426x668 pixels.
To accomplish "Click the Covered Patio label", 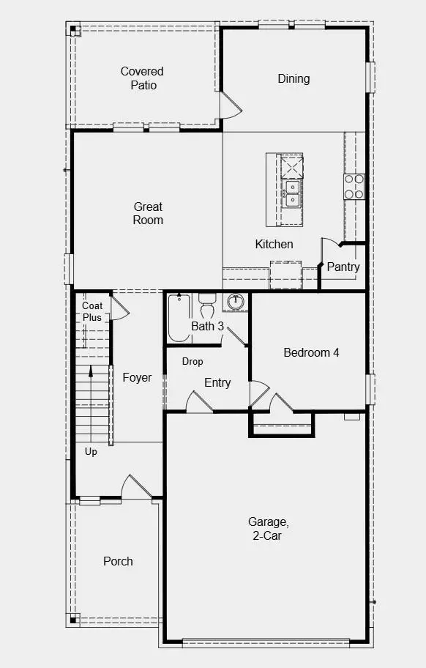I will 142,78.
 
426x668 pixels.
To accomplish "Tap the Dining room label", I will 294,78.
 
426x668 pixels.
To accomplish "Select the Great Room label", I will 148,213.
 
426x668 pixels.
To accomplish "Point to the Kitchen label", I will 274,244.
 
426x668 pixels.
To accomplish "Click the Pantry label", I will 343,267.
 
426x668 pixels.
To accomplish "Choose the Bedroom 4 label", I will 311,352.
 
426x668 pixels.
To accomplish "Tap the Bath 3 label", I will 207,326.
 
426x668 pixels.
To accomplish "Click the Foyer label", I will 137,377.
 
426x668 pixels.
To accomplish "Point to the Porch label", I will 118,561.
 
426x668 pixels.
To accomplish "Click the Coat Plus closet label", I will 92,311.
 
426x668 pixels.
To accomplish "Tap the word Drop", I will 193,361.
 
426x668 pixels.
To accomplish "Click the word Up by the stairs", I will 91,451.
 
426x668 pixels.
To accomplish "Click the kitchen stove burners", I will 354,186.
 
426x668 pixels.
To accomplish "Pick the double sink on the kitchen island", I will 292,192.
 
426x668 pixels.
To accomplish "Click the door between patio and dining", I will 230,107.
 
